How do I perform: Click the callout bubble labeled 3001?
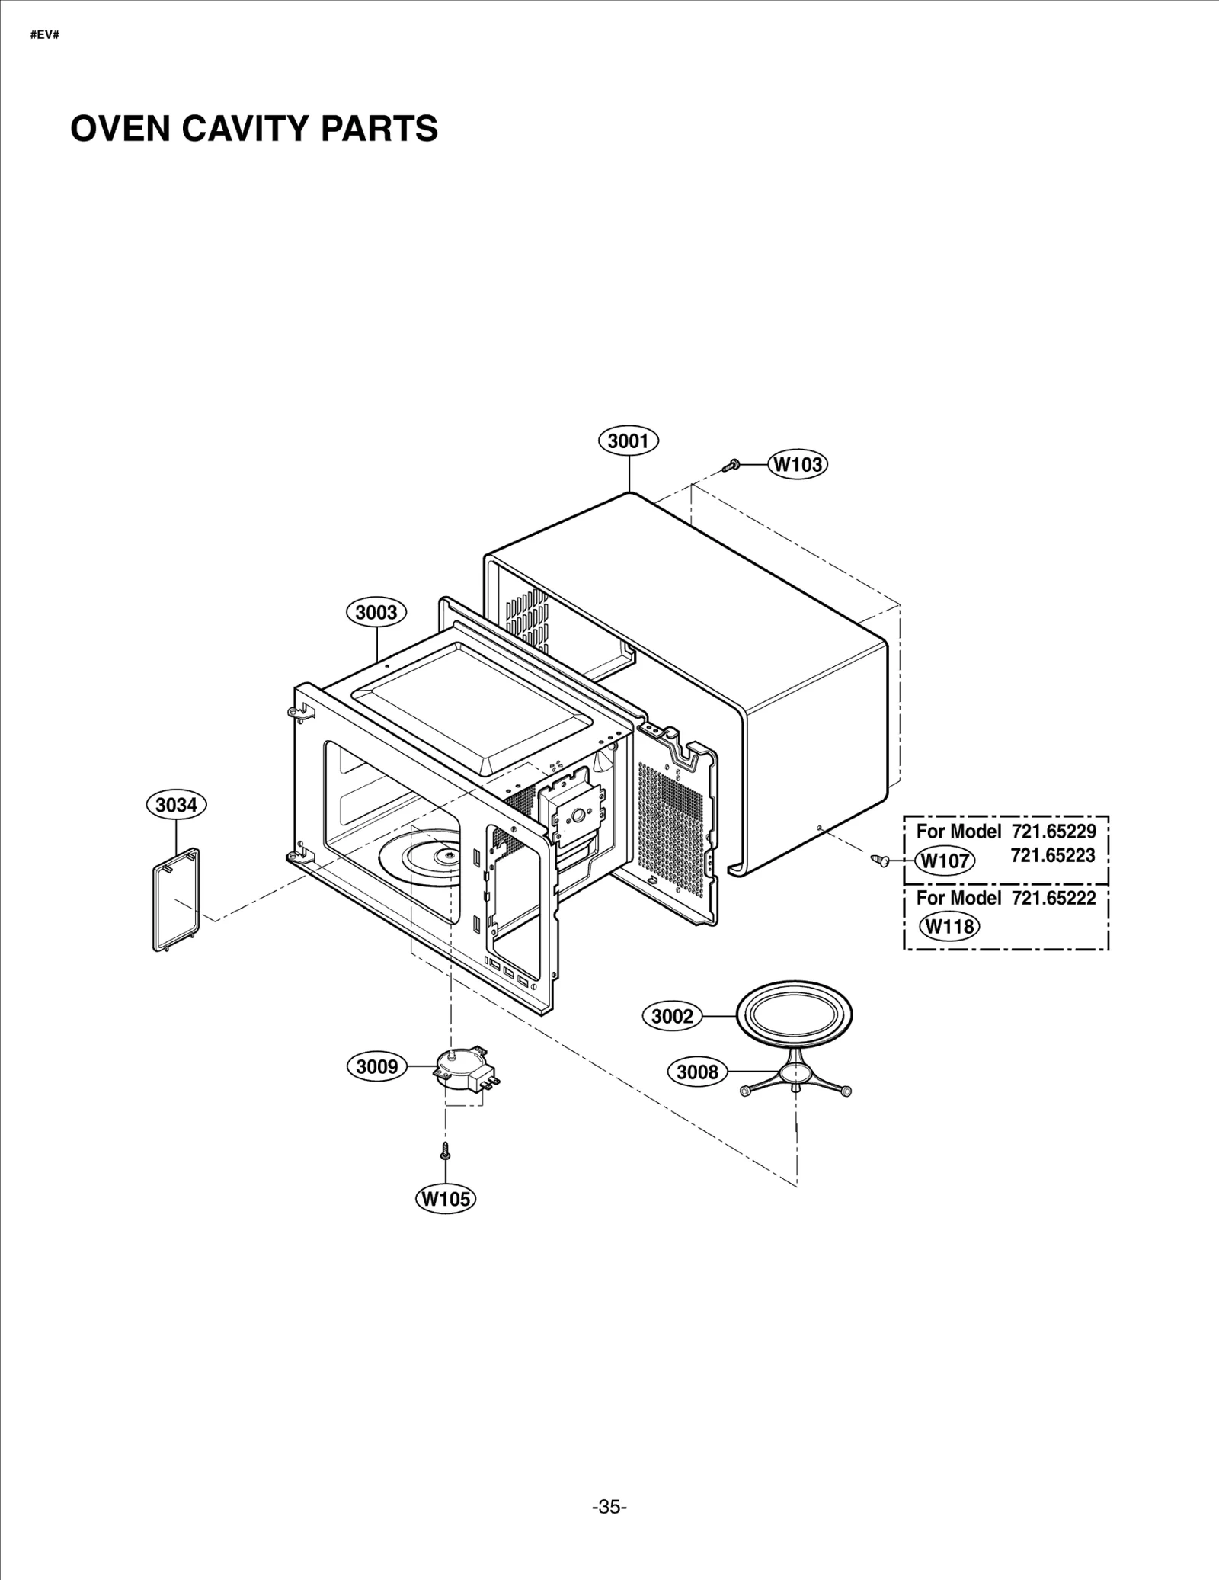(x=629, y=441)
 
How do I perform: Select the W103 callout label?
(x=798, y=464)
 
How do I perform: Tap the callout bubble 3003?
(x=376, y=612)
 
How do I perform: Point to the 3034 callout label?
(x=177, y=805)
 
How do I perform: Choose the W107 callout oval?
(x=945, y=861)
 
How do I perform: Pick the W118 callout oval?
(x=949, y=927)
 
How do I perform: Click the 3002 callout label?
(x=673, y=1016)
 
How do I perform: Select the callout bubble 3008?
(x=697, y=1072)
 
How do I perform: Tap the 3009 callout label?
(x=377, y=1066)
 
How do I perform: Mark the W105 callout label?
(x=446, y=1199)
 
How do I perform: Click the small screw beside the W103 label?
(x=733, y=463)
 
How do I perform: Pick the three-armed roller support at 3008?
(x=795, y=1076)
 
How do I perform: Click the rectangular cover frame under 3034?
(x=176, y=901)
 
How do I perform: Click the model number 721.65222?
(x=1054, y=899)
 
